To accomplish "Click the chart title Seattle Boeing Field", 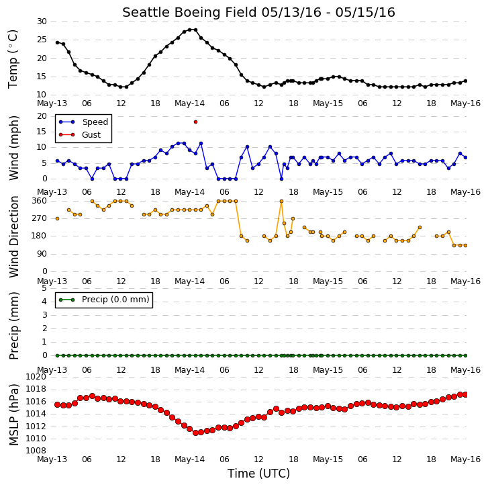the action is [189, 13].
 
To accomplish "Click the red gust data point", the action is [195, 122].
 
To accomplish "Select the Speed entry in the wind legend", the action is [83, 122].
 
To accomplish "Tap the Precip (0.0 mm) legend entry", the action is [104, 300].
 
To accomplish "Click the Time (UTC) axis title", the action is [258, 474].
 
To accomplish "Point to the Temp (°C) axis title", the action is [13, 59].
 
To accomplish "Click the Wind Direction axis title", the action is [13, 236].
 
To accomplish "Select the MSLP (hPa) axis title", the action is [13, 414].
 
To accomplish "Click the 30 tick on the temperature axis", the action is [42, 21].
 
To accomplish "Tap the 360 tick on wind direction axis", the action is [39, 201].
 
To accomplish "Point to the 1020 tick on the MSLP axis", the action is [36, 377].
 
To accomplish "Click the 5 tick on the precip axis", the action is [44, 288].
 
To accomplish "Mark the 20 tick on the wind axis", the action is [42, 116].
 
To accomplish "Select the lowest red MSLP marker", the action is [195, 433].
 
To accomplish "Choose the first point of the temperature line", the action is [57, 42].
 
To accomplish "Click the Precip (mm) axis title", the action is [13, 326].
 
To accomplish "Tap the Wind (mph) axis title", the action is [13, 148].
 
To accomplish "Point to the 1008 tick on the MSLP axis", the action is [36, 451].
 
